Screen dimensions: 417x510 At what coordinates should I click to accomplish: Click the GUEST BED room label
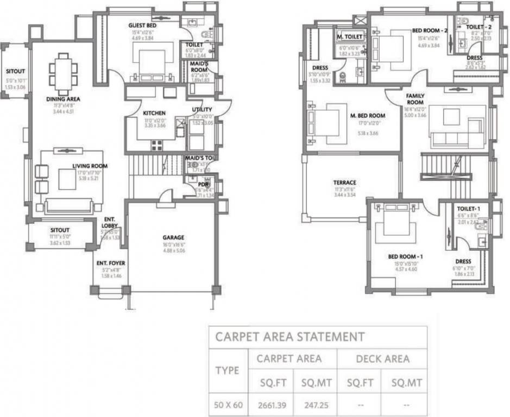point(143,26)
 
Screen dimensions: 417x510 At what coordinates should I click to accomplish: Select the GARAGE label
point(173,237)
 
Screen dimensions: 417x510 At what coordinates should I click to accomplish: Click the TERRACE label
point(345,182)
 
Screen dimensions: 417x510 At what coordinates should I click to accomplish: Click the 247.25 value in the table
point(317,405)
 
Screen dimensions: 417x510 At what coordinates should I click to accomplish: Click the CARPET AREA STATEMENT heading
point(289,337)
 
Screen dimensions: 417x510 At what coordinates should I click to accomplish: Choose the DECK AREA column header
point(382,358)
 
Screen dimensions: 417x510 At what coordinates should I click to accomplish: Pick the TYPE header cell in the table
point(228,370)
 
